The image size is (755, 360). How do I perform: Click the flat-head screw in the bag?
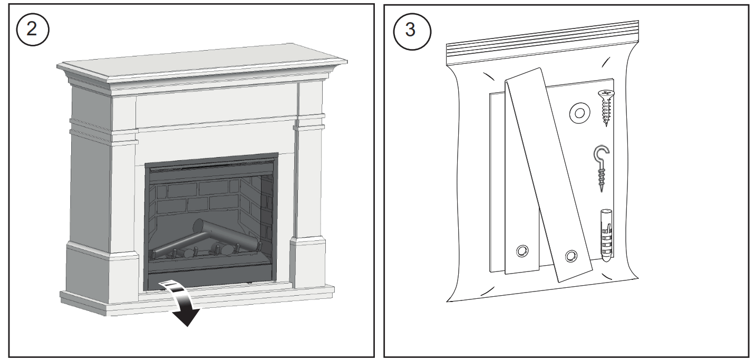pyautogui.click(x=606, y=108)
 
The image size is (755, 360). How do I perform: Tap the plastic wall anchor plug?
pyautogui.click(x=606, y=237)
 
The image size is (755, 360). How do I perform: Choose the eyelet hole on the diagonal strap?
pyautogui.click(x=570, y=256)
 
